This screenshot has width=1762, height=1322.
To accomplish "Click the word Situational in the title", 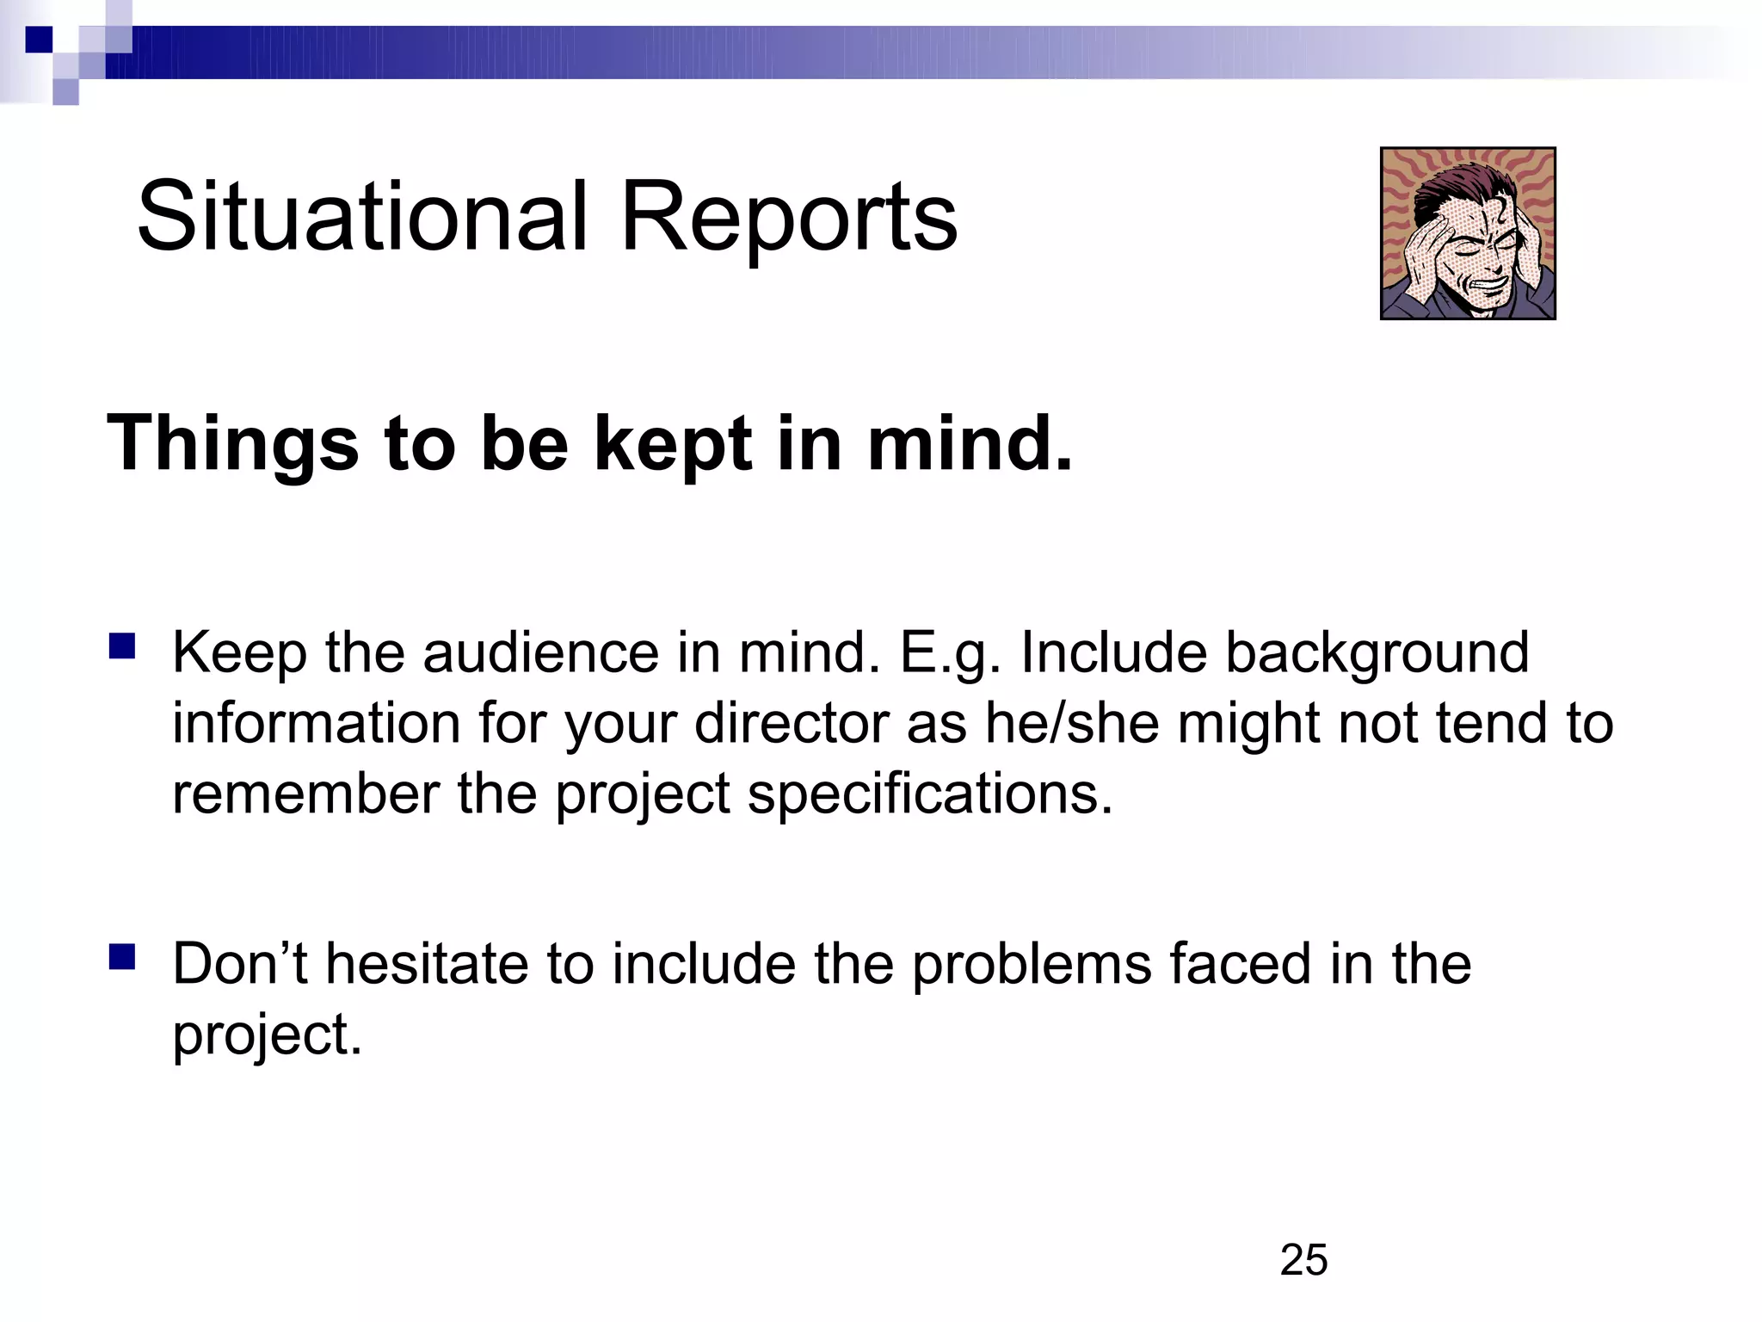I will (362, 216).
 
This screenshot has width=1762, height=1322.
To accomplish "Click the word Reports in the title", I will (788, 218).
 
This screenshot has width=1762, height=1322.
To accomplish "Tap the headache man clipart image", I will (1468, 233).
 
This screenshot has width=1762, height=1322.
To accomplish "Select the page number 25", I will (1303, 1260).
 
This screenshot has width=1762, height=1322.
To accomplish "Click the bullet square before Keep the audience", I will (122, 646).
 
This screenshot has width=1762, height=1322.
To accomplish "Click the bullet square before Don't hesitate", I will (122, 956).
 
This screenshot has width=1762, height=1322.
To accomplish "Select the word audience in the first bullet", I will (541, 652).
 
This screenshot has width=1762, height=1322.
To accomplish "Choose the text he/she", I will (1072, 723).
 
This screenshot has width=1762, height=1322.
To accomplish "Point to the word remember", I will (305, 794).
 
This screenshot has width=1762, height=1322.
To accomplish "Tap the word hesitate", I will (426, 963).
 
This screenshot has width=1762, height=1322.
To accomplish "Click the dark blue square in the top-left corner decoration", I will (39, 40).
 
